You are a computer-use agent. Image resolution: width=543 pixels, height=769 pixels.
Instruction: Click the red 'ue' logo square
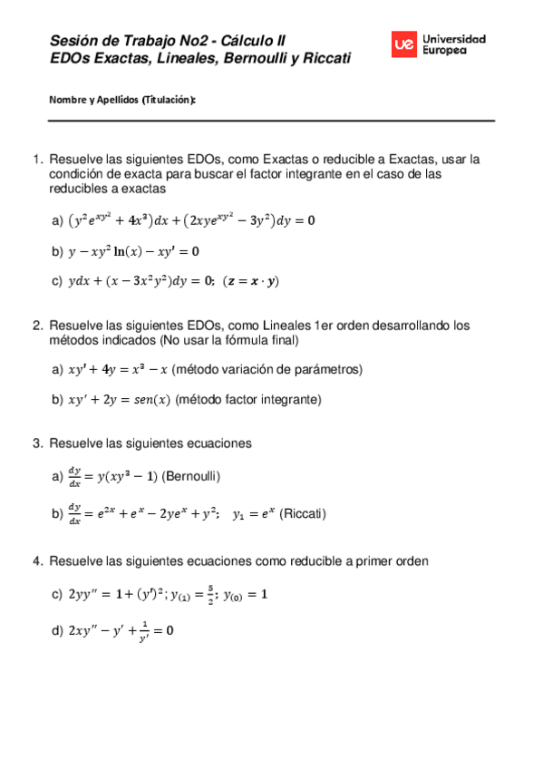coord(405,44)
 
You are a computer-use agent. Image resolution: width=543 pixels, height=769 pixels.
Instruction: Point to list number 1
coord(37,160)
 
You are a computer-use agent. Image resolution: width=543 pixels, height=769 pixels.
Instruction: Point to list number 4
coord(37,561)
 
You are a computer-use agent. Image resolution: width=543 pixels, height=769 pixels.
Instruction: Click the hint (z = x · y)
coord(252,281)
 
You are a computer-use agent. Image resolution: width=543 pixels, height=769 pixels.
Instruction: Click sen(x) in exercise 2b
coord(150,399)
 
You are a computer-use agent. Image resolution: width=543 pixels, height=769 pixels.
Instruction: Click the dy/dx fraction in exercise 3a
coord(74,476)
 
